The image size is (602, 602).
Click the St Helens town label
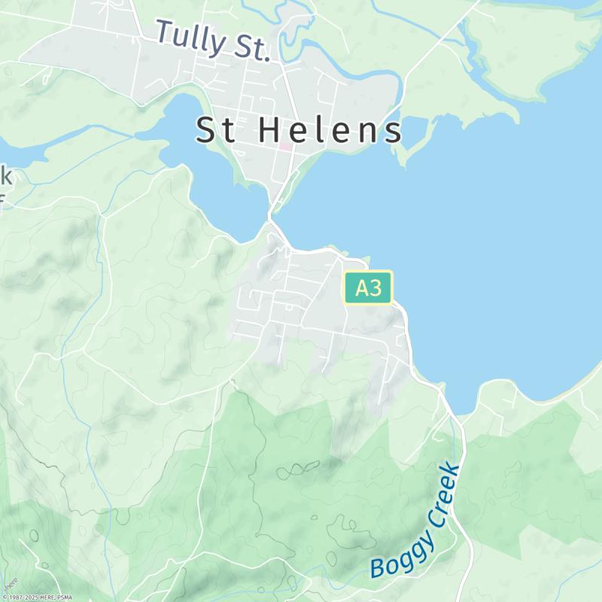(299, 131)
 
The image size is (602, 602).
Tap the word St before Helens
(217, 131)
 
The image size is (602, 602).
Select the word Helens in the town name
(331, 131)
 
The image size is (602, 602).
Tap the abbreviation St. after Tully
(249, 48)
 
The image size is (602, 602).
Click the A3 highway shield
(369, 288)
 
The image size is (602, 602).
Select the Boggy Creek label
(416, 521)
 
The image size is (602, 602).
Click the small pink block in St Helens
(285, 145)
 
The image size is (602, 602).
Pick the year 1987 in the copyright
(16, 597)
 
